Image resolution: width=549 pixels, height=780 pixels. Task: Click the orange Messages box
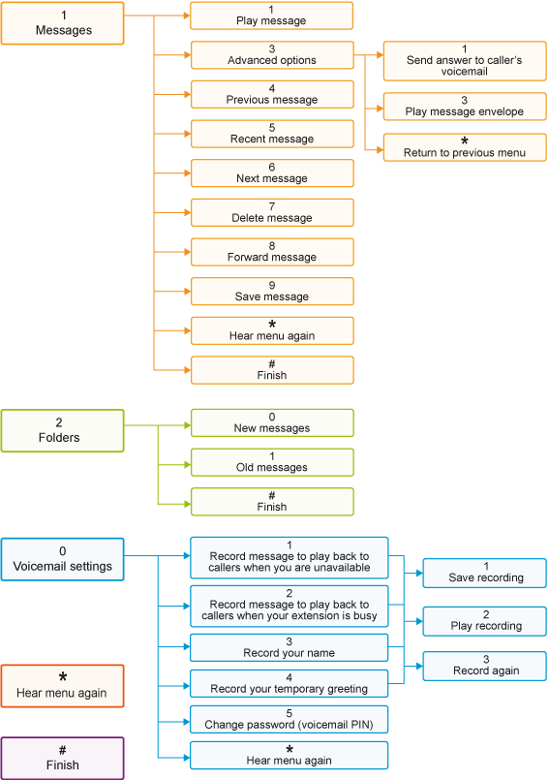click(62, 23)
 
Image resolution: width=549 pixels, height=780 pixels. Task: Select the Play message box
click(271, 16)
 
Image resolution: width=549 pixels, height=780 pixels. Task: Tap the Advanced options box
click(272, 55)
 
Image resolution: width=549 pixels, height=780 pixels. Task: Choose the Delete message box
click(272, 213)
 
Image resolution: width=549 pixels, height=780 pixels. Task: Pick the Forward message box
click(272, 252)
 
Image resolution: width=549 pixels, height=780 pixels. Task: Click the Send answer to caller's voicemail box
click(465, 61)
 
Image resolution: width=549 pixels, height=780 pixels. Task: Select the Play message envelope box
click(465, 107)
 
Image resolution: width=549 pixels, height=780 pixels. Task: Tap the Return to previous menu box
click(465, 147)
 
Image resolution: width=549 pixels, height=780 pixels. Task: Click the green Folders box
click(62, 431)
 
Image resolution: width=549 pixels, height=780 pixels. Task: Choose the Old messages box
click(272, 462)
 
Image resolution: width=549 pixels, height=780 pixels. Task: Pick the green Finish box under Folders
click(272, 502)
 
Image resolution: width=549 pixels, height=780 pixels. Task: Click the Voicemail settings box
click(62, 560)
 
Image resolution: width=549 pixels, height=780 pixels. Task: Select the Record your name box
click(289, 647)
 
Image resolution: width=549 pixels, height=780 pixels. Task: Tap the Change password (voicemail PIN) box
click(289, 719)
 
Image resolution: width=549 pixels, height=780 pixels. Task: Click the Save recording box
click(484, 573)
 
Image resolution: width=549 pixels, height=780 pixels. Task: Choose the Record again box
click(484, 666)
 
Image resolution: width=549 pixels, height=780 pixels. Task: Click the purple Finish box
click(62, 759)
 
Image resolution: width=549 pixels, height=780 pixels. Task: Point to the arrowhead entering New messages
click(188, 425)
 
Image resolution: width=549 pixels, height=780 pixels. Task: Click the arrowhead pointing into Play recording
click(419, 621)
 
